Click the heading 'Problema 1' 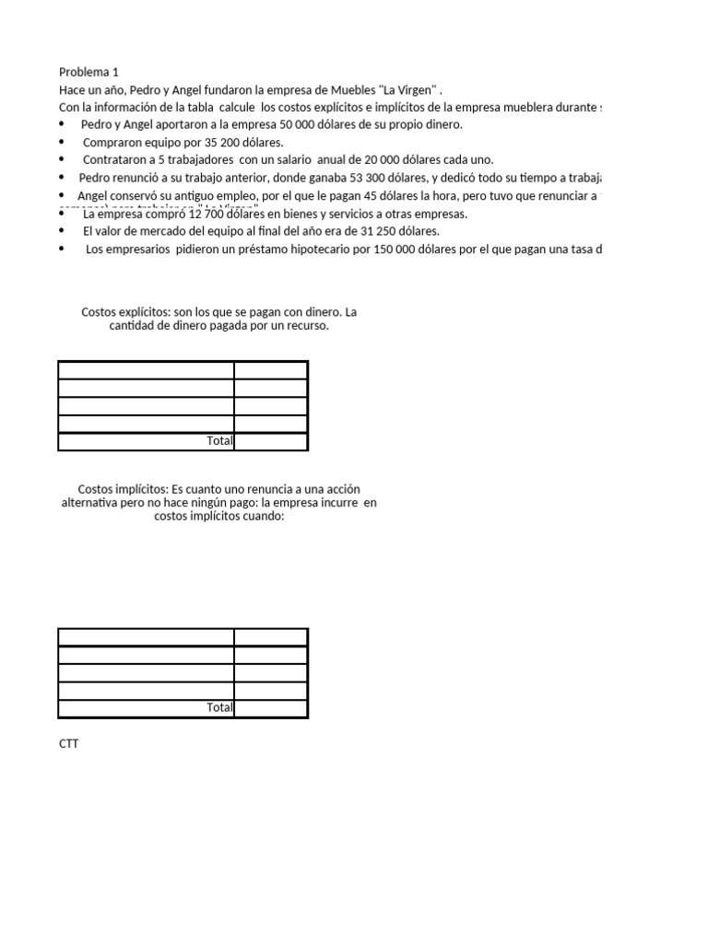click(x=88, y=72)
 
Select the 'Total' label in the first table click(x=219, y=441)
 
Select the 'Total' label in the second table click(x=219, y=708)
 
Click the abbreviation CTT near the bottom click(x=69, y=743)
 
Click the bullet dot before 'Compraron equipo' click(x=63, y=143)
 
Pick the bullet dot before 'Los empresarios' click(x=63, y=249)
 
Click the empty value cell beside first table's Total click(x=270, y=441)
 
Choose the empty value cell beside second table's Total click(x=270, y=708)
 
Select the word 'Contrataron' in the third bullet click(x=114, y=160)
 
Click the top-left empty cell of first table click(x=146, y=370)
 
